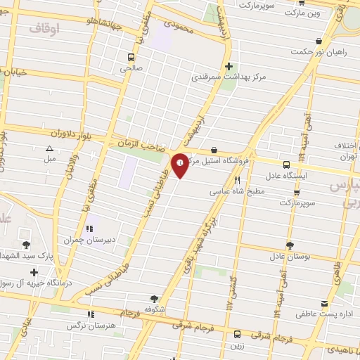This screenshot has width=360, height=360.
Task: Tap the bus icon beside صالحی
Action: tap(131, 57)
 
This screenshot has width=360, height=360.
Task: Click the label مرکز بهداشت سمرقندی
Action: tap(221, 77)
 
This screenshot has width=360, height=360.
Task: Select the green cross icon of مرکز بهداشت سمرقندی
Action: tap(240, 66)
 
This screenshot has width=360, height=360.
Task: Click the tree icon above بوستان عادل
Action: tap(289, 245)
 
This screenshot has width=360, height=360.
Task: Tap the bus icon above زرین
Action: tap(237, 334)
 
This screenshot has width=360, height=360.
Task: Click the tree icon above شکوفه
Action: tap(154, 298)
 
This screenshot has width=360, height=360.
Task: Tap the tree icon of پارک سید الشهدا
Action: tap(27, 245)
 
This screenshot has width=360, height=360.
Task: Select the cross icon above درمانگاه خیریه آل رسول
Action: tap(33, 272)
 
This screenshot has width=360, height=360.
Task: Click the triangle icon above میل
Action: tap(49, 148)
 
